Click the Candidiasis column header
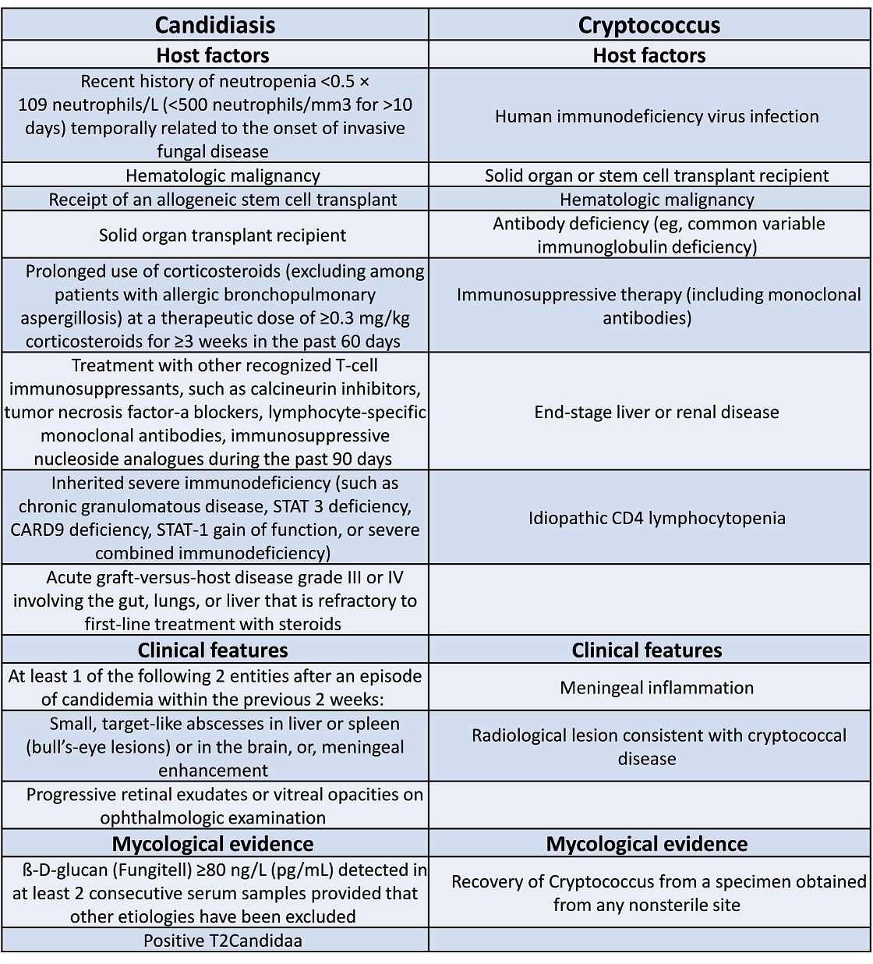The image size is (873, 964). pyautogui.click(x=214, y=25)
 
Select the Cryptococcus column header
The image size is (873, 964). pyautogui.click(x=649, y=25)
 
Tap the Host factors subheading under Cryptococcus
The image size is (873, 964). pyautogui.click(x=649, y=55)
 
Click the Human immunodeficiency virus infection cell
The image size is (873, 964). pyautogui.click(x=656, y=116)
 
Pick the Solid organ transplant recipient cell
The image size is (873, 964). pyautogui.click(x=222, y=235)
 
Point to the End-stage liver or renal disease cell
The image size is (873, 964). pyautogui.click(x=656, y=412)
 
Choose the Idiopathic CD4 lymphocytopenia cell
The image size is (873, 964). pyautogui.click(x=656, y=518)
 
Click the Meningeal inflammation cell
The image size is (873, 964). pyautogui.click(x=656, y=688)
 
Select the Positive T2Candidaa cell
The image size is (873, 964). pyautogui.click(x=222, y=941)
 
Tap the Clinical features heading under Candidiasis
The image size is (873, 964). pyautogui.click(x=213, y=650)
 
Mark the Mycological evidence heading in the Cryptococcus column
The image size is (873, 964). pyautogui.click(x=646, y=844)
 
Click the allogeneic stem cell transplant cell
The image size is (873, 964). pyautogui.click(x=222, y=200)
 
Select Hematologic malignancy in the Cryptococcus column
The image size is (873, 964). pyautogui.click(x=656, y=200)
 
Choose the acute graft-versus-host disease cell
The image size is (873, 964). pyautogui.click(x=214, y=601)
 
